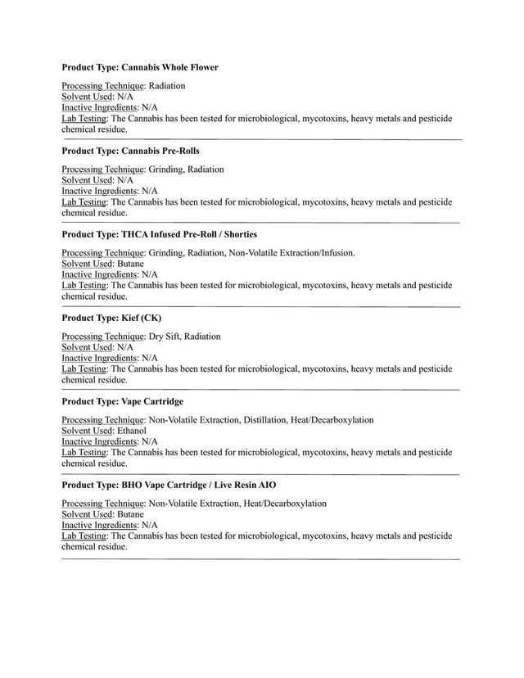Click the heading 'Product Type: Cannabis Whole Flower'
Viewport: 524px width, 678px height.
(140, 67)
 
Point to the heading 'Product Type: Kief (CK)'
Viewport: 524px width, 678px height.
(117, 318)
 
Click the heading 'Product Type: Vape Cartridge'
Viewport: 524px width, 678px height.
(122, 401)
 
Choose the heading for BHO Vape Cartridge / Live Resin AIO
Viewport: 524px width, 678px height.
(163, 485)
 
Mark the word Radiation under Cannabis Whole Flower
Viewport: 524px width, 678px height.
(167, 86)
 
